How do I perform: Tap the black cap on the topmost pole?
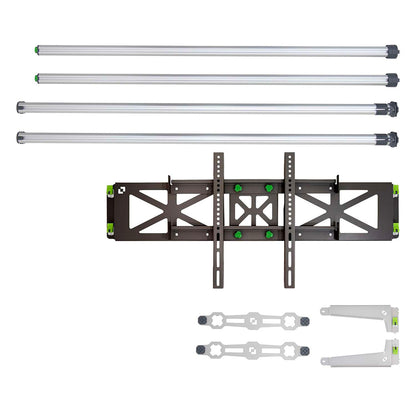point(392,50)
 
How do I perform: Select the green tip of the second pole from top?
point(37,76)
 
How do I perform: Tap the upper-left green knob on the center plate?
point(238,187)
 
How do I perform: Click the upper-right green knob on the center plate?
point(268,187)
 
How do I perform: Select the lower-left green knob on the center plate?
point(238,235)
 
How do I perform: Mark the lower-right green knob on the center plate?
point(268,235)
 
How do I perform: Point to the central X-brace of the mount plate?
point(253,211)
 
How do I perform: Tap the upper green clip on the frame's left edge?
point(105,197)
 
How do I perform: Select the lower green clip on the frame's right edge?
point(396,229)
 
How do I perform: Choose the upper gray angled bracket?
point(360,319)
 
